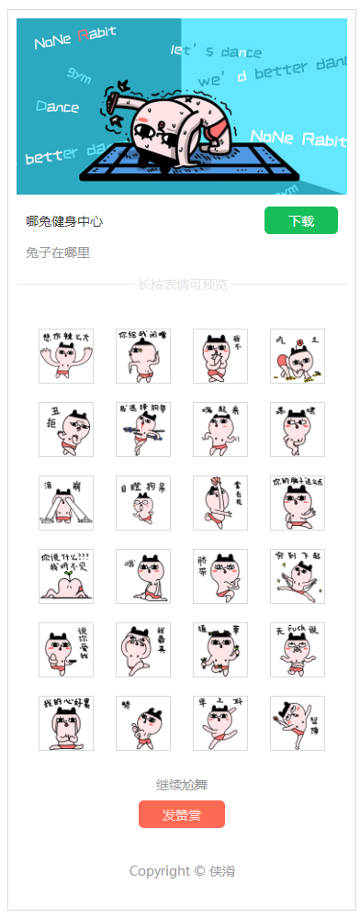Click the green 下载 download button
pos(300,221)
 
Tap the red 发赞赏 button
pos(181,814)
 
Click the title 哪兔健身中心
pos(64,221)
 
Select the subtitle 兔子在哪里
pos(58,252)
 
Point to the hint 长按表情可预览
pos(183,285)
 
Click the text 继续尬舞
pos(182,785)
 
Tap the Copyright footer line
pos(182,870)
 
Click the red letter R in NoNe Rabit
pos(83,37)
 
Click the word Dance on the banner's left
pos(57,106)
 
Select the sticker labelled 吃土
pos(298,356)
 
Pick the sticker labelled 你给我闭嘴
pos(143,356)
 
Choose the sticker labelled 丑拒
pos(66,430)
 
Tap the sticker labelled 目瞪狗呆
pos(143,503)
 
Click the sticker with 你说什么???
pos(66,576)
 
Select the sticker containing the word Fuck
pos(298,650)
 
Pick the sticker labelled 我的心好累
pos(66,723)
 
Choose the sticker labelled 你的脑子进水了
pos(298,503)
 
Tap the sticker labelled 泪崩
pos(66,503)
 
